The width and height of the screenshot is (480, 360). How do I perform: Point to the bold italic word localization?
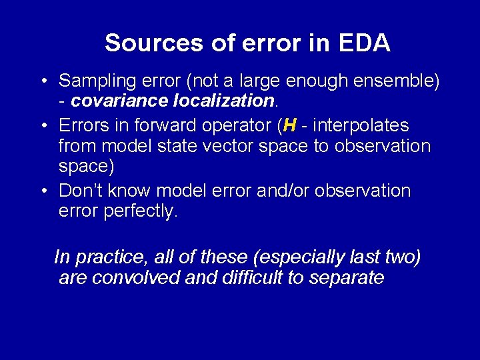pos(223,102)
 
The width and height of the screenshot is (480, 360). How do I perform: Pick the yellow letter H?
pos(289,125)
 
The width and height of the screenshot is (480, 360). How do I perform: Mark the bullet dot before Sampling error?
pos(43,82)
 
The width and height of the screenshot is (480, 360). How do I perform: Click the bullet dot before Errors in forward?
pos(43,125)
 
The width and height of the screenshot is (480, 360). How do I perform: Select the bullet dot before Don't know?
pos(43,191)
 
